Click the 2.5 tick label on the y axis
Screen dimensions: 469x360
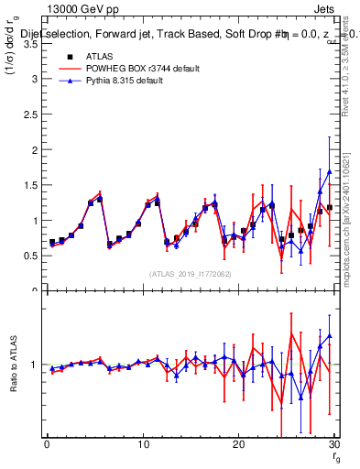pyautogui.click(x=29, y=115)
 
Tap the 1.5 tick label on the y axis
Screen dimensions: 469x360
pyautogui.click(x=29, y=185)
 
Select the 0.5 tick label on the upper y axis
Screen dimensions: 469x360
pyautogui.click(x=29, y=256)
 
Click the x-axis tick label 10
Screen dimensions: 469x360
pyautogui.click(x=142, y=444)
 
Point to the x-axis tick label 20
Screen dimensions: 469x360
pyautogui.click(x=238, y=444)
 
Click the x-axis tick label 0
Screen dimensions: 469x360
pyautogui.click(x=47, y=444)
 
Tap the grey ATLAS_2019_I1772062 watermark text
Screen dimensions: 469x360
pyautogui.click(x=191, y=274)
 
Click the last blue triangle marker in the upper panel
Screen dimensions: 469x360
pyautogui.click(x=330, y=171)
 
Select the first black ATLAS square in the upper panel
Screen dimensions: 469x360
pyautogui.click(x=52, y=242)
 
